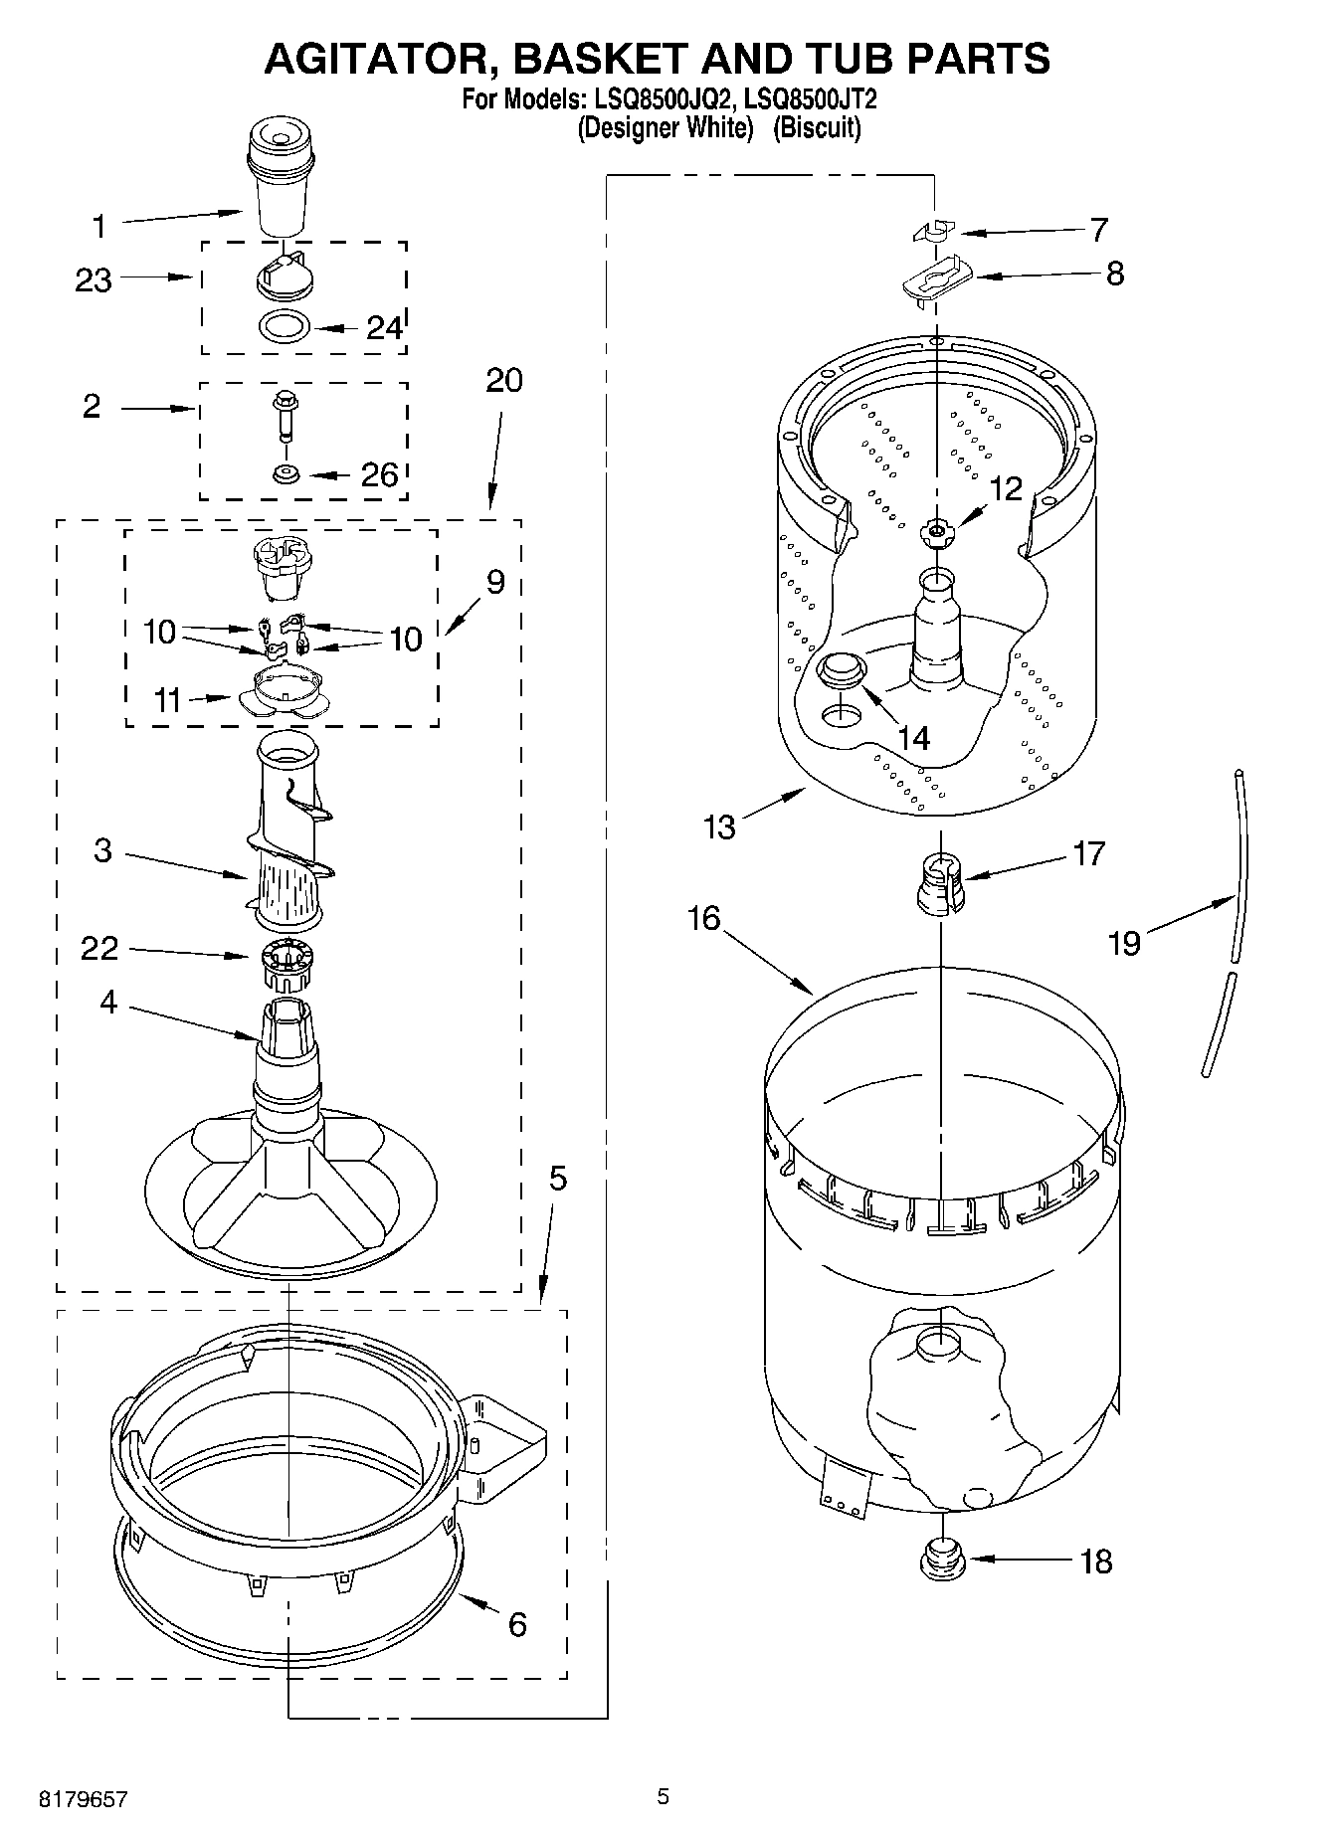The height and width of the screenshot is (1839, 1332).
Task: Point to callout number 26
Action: click(x=379, y=474)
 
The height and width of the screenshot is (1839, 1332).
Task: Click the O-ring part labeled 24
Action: click(x=283, y=325)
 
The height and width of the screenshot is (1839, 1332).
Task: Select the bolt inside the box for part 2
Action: click(x=284, y=415)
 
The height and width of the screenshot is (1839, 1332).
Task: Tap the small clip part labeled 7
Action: click(x=930, y=232)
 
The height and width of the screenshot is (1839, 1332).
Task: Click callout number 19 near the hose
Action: click(x=1124, y=942)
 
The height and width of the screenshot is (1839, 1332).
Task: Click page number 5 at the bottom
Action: click(x=664, y=1796)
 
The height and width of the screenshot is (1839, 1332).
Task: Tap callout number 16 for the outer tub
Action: click(x=703, y=917)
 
